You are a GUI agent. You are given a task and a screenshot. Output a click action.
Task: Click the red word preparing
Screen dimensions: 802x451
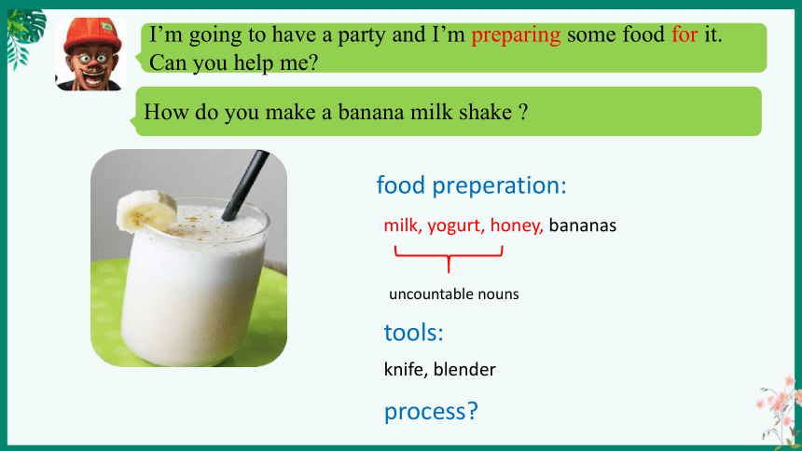[516, 35]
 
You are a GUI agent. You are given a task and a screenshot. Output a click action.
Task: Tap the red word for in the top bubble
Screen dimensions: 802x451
[684, 34]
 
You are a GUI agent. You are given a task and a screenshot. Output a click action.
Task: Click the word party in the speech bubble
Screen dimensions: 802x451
[363, 35]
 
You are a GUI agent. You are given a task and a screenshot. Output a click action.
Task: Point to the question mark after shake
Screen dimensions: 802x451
[523, 112]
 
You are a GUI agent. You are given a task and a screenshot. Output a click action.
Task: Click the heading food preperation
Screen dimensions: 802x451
[472, 185]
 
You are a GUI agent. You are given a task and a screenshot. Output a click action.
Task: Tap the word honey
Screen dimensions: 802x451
[517, 226]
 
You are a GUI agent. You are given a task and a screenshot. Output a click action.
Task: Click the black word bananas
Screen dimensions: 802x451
[583, 225]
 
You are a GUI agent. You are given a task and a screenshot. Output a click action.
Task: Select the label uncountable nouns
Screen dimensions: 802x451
[453, 294]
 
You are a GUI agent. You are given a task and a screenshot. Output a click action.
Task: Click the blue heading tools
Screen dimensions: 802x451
[414, 333]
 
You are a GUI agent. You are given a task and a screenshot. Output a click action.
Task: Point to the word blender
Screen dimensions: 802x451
[464, 369]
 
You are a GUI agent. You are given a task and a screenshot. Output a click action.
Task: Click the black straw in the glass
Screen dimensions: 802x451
[245, 185]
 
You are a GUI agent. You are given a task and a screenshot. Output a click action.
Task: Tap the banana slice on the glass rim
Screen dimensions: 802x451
[146, 212]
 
